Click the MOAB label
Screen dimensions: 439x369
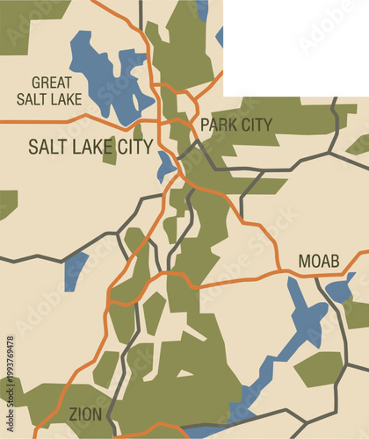(319, 261)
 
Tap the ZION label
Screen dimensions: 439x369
(85, 414)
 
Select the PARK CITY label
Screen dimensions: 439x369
(236, 125)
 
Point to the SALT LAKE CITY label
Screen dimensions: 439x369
(90, 146)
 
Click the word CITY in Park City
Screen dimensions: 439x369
(256, 125)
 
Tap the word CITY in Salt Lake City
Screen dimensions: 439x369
(132, 146)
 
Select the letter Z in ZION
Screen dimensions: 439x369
(73, 414)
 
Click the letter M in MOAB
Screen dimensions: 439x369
(304, 261)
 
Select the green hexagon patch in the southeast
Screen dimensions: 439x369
(318, 369)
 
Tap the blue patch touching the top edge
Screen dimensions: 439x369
(202, 10)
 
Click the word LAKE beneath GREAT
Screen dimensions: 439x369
(66, 99)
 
